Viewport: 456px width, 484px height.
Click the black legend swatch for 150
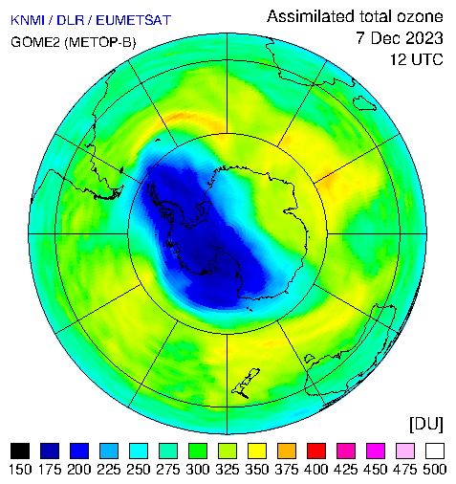20,451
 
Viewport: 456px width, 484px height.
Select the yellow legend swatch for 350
257,451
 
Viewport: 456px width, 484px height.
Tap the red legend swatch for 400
316,451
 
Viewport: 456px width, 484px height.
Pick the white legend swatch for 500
435,451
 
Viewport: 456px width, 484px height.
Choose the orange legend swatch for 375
287,451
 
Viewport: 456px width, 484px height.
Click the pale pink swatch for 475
405,451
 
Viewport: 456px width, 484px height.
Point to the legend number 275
168,470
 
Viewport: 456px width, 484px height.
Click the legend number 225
109,470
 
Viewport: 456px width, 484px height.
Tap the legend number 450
376,470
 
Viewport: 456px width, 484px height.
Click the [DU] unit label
426,424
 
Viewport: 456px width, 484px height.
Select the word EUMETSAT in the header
134,20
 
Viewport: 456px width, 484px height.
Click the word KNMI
28,20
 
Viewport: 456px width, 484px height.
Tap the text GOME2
35,42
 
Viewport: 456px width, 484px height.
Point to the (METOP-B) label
100,42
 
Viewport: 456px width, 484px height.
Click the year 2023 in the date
420,38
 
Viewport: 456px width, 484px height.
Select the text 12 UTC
417,59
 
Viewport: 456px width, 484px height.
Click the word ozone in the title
420,16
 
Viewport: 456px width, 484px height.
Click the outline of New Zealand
246,383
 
